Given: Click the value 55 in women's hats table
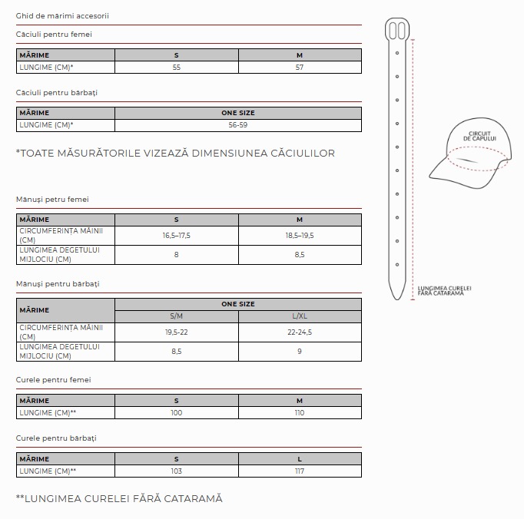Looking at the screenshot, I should click(177, 68).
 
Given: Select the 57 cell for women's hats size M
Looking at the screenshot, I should click(300, 68).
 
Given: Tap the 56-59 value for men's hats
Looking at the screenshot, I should click(238, 125).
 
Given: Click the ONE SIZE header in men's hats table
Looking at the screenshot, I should click(238, 113).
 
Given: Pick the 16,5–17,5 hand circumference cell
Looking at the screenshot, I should click(177, 236).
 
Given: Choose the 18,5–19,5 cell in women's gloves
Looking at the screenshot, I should click(300, 236).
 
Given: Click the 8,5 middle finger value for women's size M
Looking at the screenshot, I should click(300, 255).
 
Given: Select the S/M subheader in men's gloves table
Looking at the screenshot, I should click(177, 316).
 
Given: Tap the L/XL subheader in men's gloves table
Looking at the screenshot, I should click(300, 316).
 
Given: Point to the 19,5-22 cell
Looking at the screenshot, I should click(177, 332).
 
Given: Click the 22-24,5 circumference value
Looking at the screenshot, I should click(300, 332).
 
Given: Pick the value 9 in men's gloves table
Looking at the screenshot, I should click(300, 352).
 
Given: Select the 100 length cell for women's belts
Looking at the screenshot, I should click(177, 413).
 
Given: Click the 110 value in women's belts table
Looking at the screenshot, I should click(300, 413).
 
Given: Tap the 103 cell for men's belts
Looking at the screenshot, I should click(177, 471).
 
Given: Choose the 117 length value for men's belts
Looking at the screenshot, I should click(300, 471).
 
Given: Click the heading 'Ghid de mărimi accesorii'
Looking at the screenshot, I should click(62, 15).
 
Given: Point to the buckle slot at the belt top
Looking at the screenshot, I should click(397, 29).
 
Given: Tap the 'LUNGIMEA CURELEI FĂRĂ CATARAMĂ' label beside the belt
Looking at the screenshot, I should click(445, 291).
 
